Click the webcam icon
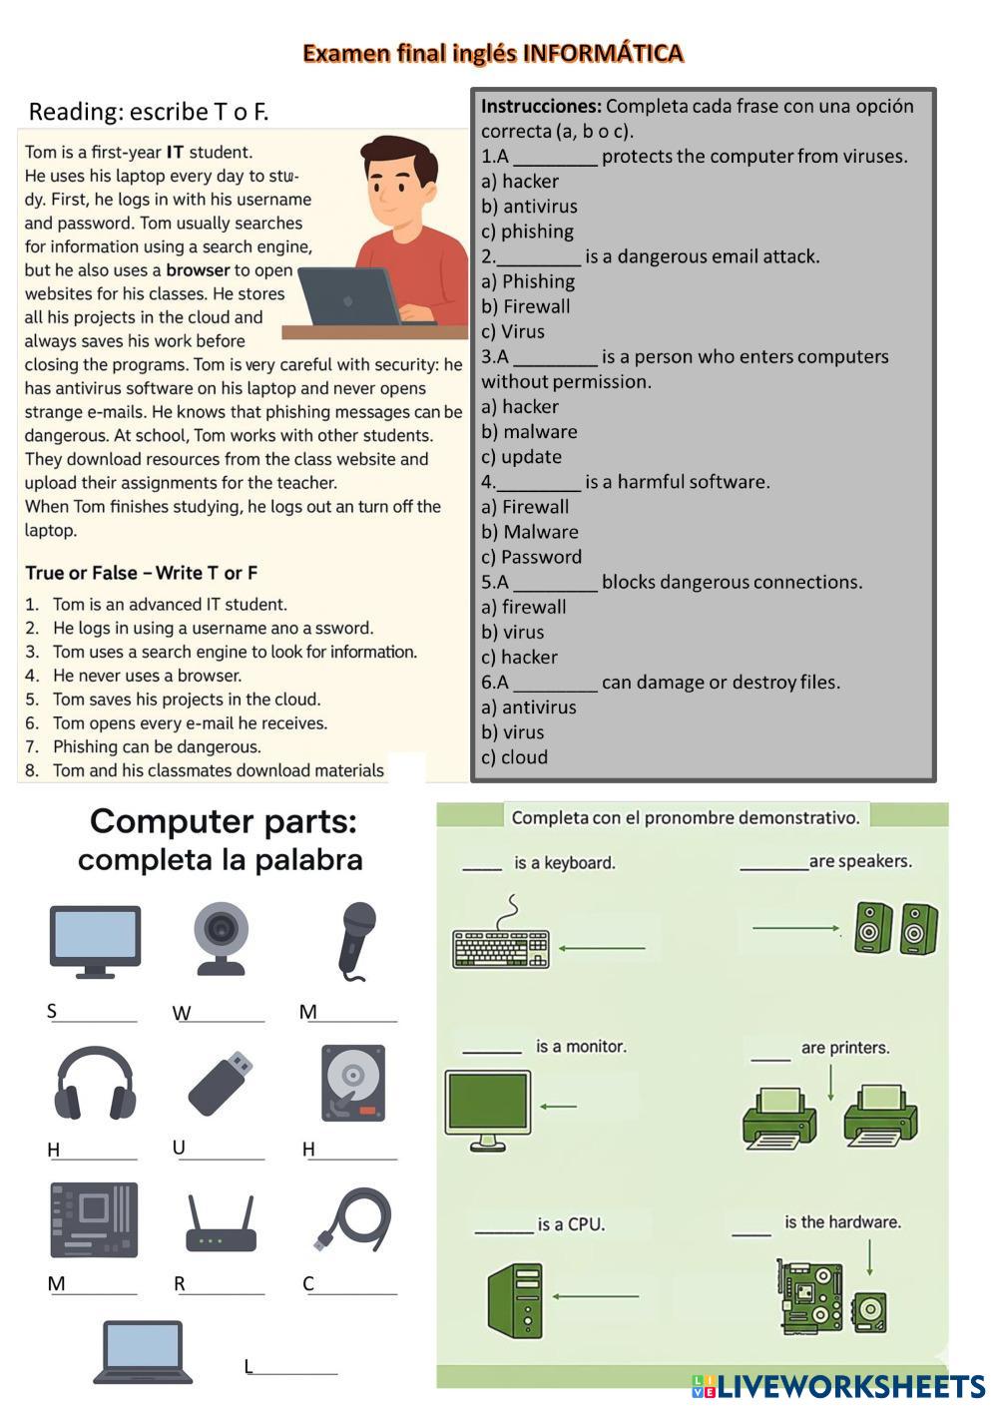[x=220, y=938]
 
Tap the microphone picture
[x=355, y=939]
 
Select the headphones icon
[x=95, y=1084]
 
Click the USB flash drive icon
[x=221, y=1083]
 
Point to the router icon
[x=221, y=1226]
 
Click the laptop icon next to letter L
[x=144, y=1352]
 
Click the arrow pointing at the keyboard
[x=602, y=948]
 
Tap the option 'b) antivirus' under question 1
[x=529, y=207]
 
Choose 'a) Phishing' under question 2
[x=528, y=281]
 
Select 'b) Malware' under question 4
[x=530, y=532]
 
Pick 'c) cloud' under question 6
[x=514, y=757]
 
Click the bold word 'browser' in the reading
[x=198, y=270]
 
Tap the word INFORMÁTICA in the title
[x=604, y=53]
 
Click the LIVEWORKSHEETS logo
[x=838, y=1386]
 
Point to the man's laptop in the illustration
[x=351, y=296]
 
